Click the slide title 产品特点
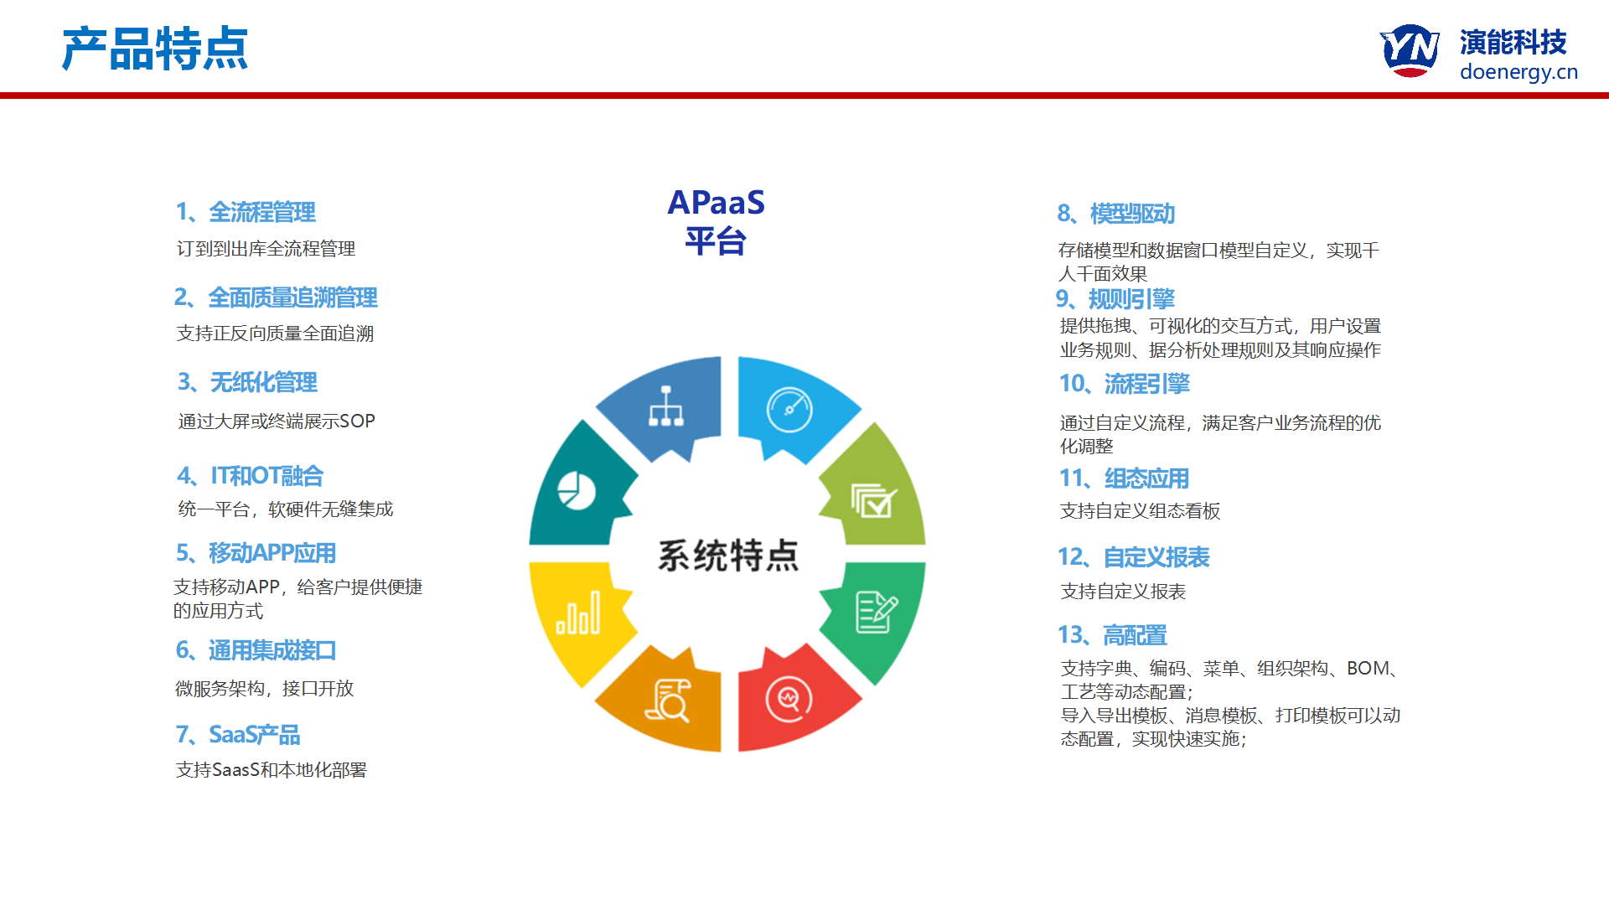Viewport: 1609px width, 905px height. [155, 49]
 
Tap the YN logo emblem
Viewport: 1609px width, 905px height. [1410, 50]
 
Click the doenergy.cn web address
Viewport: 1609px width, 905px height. [1518, 72]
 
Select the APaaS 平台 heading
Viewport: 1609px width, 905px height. [716, 222]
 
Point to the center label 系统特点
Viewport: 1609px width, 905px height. [728, 556]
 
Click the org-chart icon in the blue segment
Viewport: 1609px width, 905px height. [666, 406]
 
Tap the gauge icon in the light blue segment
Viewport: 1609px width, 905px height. [789, 410]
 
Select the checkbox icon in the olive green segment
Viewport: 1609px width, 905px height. [874, 500]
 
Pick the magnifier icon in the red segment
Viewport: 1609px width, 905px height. [789, 698]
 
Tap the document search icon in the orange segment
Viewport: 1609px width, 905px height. [668, 701]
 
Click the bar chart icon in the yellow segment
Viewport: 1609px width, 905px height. [578, 613]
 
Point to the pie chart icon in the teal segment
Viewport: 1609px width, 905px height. [577, 490]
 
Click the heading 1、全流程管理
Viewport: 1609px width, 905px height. [246, 212]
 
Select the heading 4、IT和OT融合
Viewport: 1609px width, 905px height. [251, 476]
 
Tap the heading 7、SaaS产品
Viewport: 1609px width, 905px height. [238, 735]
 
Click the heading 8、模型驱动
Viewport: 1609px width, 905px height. [1116, 214]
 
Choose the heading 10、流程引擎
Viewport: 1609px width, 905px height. [1125, 384]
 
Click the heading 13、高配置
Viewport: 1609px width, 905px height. [1112, 635]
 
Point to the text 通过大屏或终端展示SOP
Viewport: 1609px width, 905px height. [277, 421]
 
